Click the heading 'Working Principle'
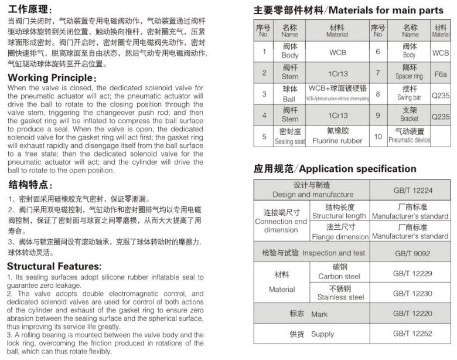[52, 78]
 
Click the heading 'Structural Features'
[55, 266]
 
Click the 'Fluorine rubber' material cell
[337, 137]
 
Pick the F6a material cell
[440, 74]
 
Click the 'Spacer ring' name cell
[409, 73]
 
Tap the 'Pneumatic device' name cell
[409, 137]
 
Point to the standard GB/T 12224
[410, 190]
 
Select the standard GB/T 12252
[410, 334]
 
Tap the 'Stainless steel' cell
[340, 293]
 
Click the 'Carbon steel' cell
[340, 272]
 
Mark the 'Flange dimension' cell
[340, 232]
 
